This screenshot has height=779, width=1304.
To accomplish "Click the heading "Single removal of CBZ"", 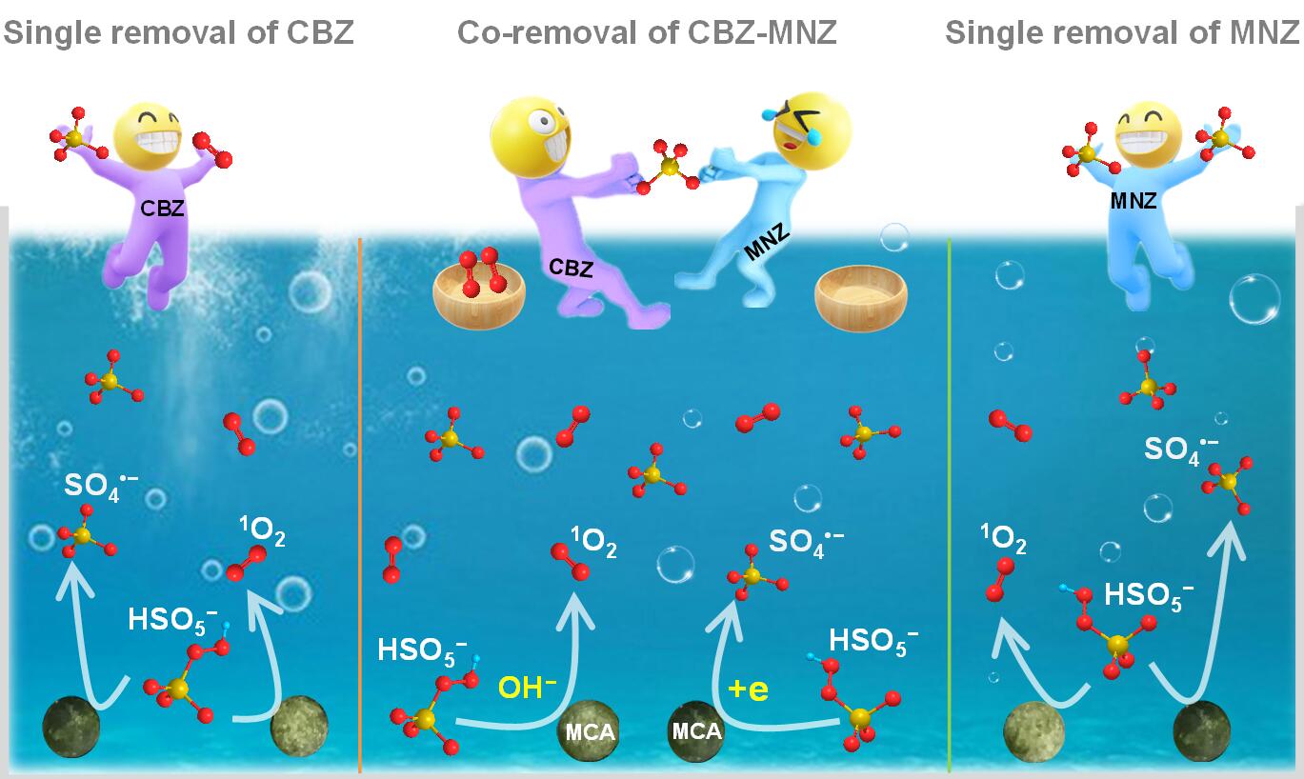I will (178, 32).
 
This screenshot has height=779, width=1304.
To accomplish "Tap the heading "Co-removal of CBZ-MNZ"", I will (647, 32).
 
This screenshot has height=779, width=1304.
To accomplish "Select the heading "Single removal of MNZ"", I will (1122, 32).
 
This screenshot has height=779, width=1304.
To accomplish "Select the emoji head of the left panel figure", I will (149, 136).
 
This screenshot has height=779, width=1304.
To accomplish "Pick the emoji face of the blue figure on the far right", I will (1148, 134).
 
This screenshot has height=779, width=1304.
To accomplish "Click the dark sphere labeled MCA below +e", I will (696, 731).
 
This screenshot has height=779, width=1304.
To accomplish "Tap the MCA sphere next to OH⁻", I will (587, 731).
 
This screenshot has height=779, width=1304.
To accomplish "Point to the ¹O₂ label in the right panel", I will (1004, 540).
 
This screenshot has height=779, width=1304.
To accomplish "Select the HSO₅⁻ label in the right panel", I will (1149, 594).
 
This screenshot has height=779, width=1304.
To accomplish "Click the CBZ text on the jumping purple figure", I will (163, 210).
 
